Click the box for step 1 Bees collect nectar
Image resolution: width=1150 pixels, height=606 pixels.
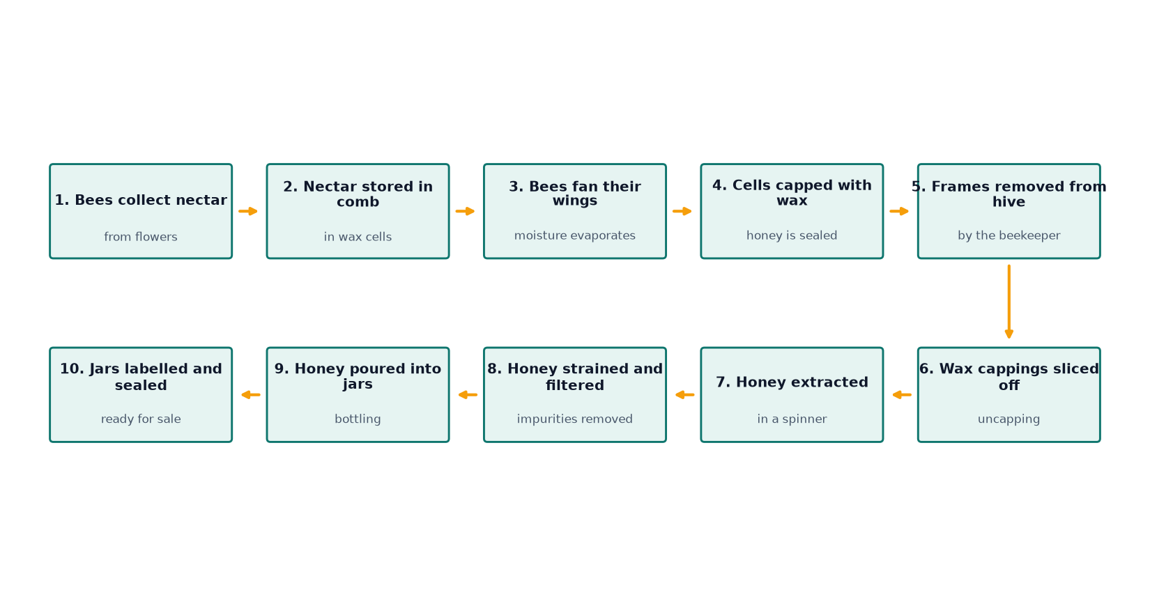[141, 212]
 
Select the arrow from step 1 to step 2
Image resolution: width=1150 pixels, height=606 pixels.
[248, 212]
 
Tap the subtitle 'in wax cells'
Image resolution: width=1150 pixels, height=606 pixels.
[358, 237]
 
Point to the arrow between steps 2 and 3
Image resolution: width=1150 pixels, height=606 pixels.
[465, 212]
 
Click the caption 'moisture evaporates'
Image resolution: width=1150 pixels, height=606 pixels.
[575, 235]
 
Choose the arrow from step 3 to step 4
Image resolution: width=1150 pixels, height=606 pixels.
[682, 212]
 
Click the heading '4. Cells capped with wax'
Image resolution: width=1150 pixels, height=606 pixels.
[792, 192]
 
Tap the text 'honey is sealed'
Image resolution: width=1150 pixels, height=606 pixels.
[792, 235]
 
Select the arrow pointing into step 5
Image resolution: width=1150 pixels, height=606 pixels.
[900, 212]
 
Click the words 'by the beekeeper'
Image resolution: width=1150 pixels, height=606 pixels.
[1009, 235]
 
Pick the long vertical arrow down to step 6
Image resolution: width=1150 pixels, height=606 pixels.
[1009, 302]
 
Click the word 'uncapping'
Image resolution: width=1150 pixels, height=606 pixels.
[1009, 419]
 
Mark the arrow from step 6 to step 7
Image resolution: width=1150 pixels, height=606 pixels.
[902, 395]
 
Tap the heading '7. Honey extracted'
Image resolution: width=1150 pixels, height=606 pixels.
[792, 382]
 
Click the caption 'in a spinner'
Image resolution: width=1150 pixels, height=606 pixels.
[792, 419]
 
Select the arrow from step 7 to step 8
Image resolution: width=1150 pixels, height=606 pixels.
[685, 395]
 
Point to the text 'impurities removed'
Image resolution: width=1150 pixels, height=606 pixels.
[575, 419]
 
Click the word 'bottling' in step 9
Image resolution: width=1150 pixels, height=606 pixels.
[358, 419]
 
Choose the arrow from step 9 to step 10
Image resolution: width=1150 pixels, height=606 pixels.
[251, 395]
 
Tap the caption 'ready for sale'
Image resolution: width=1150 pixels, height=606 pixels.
[141, 419]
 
